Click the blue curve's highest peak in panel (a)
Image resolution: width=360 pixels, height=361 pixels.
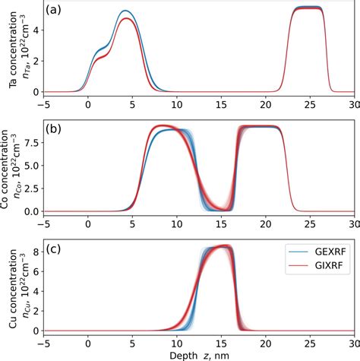[125, 11]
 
